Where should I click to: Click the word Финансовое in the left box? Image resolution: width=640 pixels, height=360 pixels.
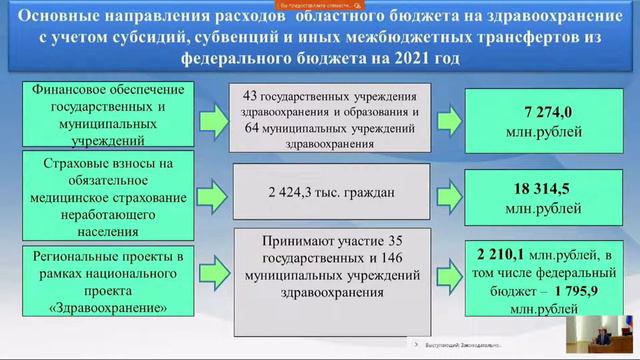coord(76,92)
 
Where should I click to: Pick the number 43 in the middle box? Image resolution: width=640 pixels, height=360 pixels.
coord(254,94)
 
